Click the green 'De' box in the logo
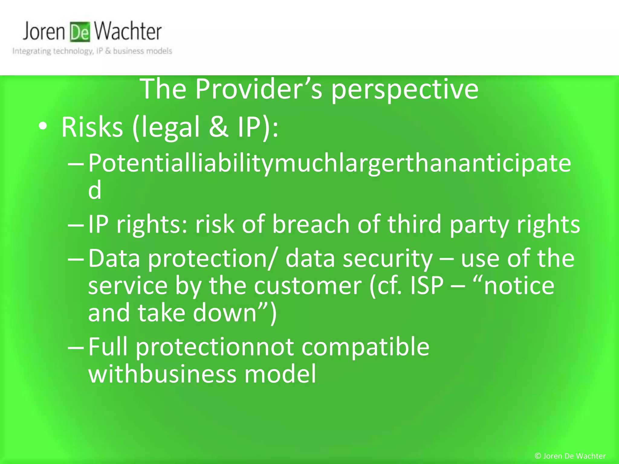(x=80, y=32)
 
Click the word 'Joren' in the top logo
(x=44, y=31)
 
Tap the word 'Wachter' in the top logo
(x=127, y=31)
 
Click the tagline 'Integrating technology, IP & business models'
(x=92, y=51)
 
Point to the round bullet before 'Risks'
(x=43, y=127)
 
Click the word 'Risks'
(x=92, y=127)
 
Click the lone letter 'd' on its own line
(x=95, y=190)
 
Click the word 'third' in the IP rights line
(x=414, y=224)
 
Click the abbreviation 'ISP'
(x=426, y=285)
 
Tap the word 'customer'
(x=307, y=286)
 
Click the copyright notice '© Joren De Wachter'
(x=570, y=456)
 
